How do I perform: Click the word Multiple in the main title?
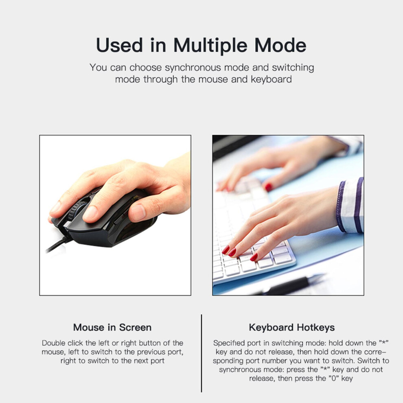point(210,46)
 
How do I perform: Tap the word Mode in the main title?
point(280,45)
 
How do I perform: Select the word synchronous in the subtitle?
point(193,68)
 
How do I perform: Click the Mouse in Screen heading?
point(112,327)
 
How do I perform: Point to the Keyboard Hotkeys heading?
point(292,327)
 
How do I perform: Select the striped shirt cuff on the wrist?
point(350,205)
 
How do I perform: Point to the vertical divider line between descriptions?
point(201,353)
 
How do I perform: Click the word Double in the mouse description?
point(53,343)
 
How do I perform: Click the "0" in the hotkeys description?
point(334,378)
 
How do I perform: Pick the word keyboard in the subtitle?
point(271,79)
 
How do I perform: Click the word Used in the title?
point(119,46)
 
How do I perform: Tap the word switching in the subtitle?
point(293,68)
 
